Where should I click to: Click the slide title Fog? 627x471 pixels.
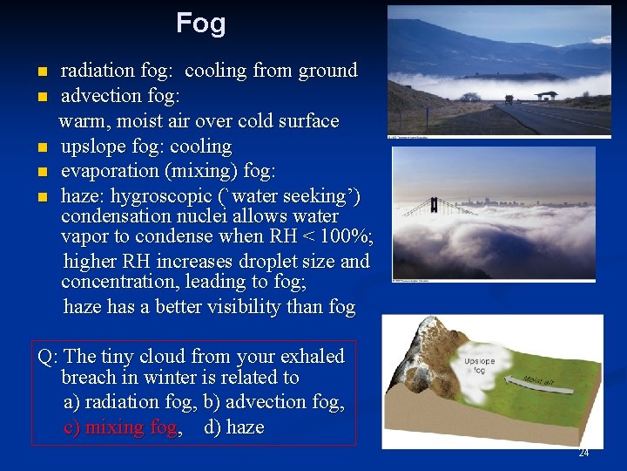pyautogui.click(x=200, y=24)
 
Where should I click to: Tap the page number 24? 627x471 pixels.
pyautogui.click(x=583, y=453)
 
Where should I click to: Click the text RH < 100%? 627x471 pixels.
pyautogui.click(x=327, y=236)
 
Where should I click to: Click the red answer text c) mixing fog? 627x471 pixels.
pyautogui.click(x=121, y=427)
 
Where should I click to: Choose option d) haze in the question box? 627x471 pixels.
pyautogui.click(x=233, y=427)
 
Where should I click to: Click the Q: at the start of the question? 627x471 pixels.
pyautogui.click(x=48, y=357)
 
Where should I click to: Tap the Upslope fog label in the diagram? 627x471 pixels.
pyautogui.click(x=480, y=365)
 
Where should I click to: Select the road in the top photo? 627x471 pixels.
pyautogui.click(x=557, y=118)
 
